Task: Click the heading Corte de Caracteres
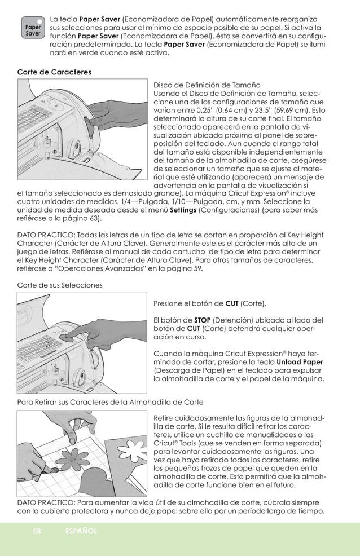(54, 72)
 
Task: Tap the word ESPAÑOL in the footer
(81, 531)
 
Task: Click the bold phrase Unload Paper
(300, 360)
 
